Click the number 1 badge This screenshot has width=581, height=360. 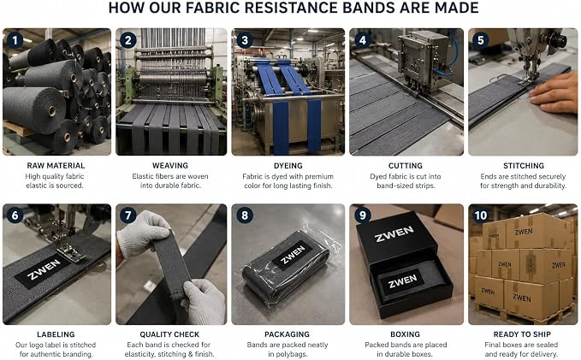[15, 40]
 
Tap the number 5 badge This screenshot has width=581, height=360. [481, 40]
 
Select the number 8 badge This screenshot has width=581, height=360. [245, 215]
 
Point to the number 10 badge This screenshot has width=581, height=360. [481, 215]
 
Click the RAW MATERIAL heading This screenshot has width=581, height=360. [56, 166]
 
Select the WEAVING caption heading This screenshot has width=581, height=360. [170, 166]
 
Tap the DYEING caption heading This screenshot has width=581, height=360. [288, 166]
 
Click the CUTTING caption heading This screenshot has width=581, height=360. [406, 166]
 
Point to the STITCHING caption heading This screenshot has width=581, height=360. [524, 166]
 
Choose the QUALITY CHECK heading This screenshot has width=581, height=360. [169, 334]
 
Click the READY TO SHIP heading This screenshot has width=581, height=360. [522, 334]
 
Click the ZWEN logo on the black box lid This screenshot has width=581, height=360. [394, 233]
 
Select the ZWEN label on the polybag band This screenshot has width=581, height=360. [293, 255]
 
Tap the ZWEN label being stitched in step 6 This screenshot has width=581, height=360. [44, 270]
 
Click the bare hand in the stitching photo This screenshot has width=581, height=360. [553, 91]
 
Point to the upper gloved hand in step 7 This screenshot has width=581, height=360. [143, 233]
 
